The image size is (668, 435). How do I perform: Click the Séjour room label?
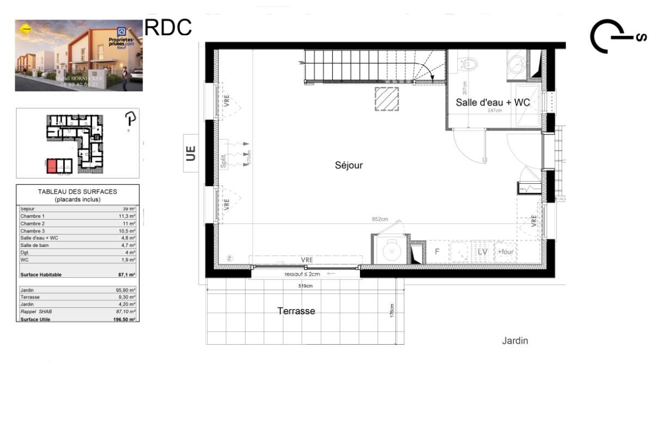pyautogui.click(x=348, y=165)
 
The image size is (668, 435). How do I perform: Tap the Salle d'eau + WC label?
pyautogui.click(x=493, y=102)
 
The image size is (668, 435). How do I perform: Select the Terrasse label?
pyautogui.click(x=296, y=311)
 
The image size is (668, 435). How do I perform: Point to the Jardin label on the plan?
pyautogui.click(x=515, y=341)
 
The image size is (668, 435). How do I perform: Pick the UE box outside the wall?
pyautogui.click(x=191, y=153)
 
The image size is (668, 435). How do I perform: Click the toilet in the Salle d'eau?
pyautogui.click(x=467, y=64)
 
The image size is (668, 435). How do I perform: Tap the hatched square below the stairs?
pyautogui.click(x=387, y=99)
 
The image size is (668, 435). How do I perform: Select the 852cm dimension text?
pyautogui.click(x=380, y=220)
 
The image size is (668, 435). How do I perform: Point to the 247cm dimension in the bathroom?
pyautogui.click(x=494, y=110)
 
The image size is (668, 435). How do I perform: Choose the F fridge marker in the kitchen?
pyautogui.click(x=437, y=252)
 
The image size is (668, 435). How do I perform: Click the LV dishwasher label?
pyautogui.click(x=482, y=252)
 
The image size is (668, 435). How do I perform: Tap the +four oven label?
pyautogui.click(x=505, y=252)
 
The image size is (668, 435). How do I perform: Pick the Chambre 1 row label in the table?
pyautogui.click(x=33, y=216)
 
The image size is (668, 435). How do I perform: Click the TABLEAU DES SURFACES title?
pyautogui.click(x=77, y=191)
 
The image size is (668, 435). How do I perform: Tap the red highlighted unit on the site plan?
pyautogui.click(x=51, y=166)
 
